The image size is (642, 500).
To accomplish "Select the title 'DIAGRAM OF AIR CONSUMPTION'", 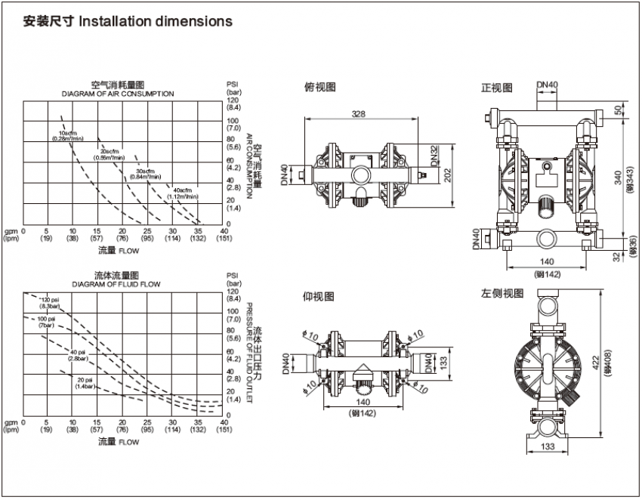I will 118,94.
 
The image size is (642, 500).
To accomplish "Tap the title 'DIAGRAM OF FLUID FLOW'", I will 116,285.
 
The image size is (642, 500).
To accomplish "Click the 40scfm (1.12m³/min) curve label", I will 184,193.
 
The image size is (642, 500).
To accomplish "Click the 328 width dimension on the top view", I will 359,113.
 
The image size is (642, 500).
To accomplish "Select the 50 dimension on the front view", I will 619,110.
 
